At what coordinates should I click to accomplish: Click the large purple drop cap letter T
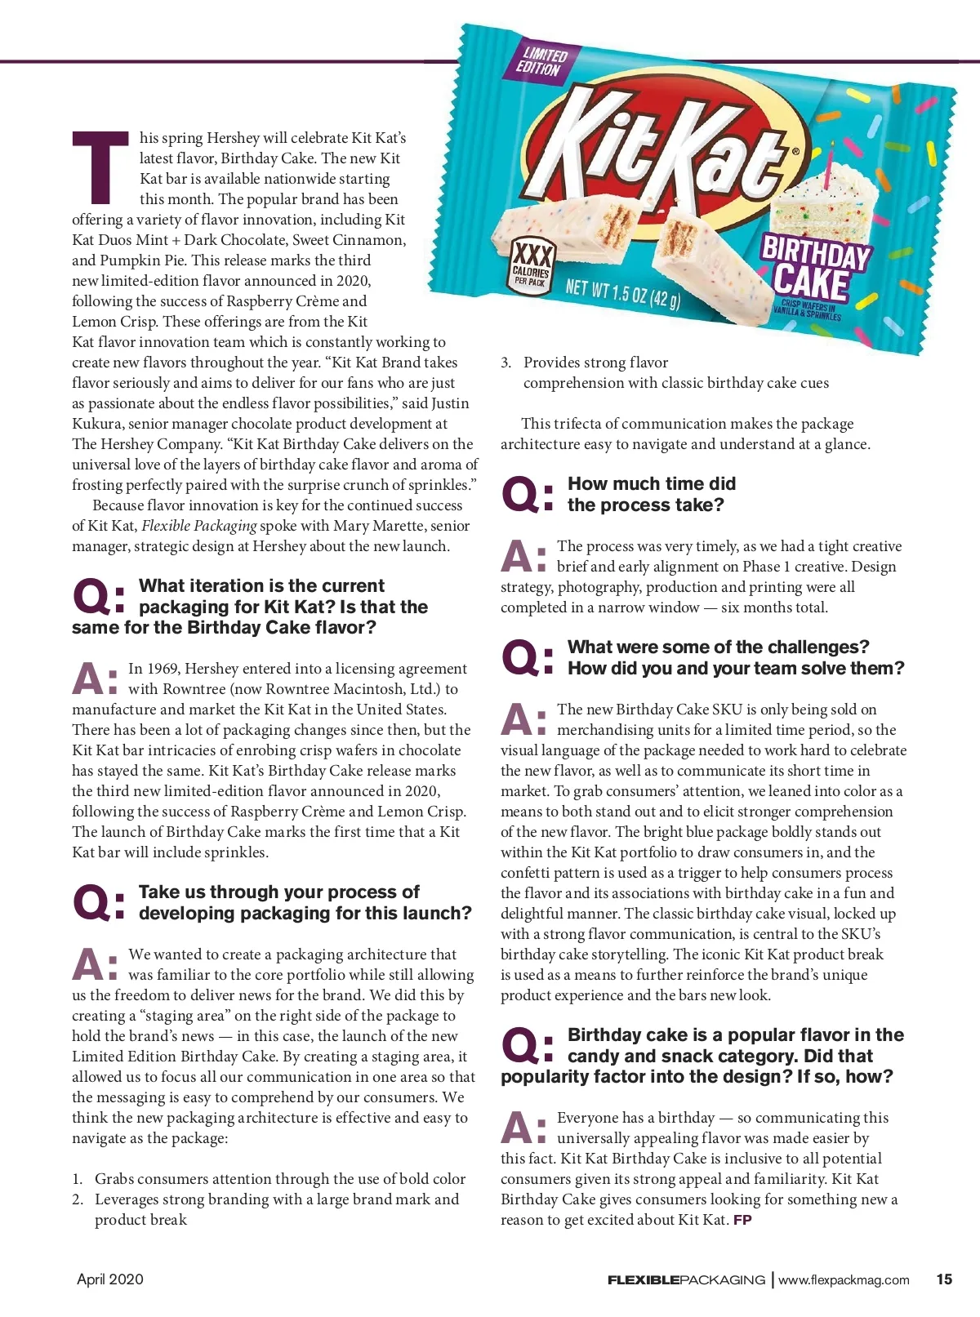tap(100, 167)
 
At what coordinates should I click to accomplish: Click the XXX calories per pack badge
tap(531, 265)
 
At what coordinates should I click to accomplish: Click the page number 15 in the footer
tap(944, 1279)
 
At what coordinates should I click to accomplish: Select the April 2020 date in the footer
tap(110, 1279)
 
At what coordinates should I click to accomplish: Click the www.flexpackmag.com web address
tap(844, 1280)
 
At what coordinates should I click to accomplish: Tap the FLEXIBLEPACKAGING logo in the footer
tap(686, 1280)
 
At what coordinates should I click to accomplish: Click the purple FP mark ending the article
tap(742, 1220)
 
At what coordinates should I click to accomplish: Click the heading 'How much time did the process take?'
tap(651, 494)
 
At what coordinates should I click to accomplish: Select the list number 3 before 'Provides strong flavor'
tap(506, 363)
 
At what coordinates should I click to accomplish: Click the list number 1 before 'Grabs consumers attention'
tap(77, 1179)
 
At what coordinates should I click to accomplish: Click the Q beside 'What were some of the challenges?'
tap(521, 658)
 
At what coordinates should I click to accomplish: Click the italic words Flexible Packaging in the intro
tap(199, 526)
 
